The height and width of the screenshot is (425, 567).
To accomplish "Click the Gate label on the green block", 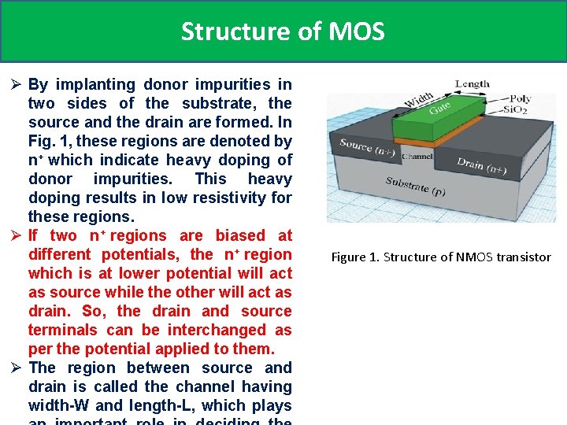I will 440,111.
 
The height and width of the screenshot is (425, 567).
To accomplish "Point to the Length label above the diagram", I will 472,83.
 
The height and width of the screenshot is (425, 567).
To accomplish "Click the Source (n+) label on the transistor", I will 368,147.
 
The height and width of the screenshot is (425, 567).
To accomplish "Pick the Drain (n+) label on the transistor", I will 481,166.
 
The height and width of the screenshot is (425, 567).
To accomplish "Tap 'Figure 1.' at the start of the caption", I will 354,257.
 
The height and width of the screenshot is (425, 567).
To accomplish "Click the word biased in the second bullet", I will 240,235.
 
